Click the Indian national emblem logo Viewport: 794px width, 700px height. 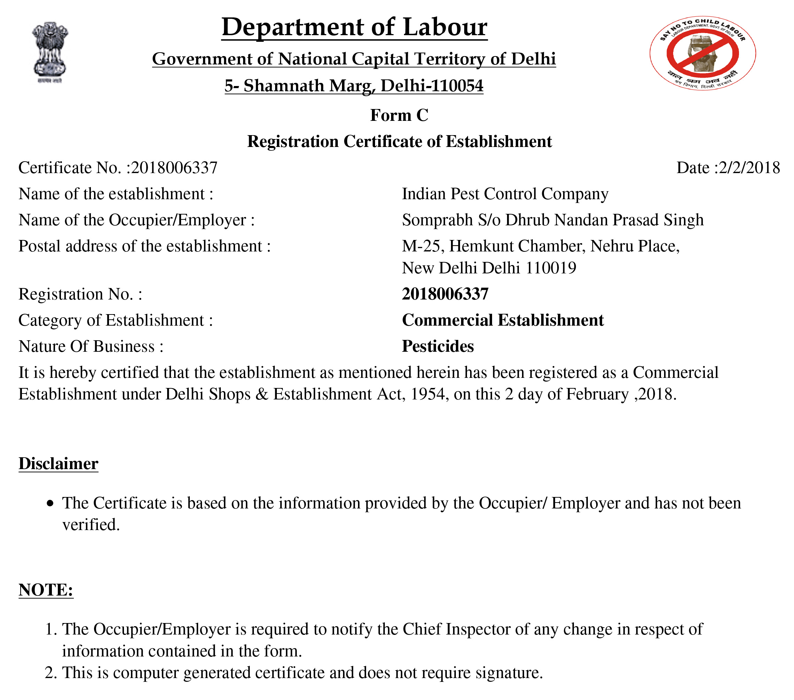pos(50,52)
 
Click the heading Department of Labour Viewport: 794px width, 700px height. pos(354,27)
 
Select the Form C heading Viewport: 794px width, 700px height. pos(399,115)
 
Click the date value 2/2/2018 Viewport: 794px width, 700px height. pos(749,168)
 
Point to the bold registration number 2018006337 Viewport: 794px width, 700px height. pos(445,294)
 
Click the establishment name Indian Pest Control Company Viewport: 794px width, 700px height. pos(505,194)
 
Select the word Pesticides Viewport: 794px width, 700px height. pos(438,346)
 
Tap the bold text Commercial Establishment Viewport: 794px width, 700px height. pos(503,320)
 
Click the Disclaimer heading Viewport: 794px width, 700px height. pos(58,464)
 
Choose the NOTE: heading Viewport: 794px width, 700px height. pos(46,590)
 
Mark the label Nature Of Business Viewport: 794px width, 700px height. pos(91,346)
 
